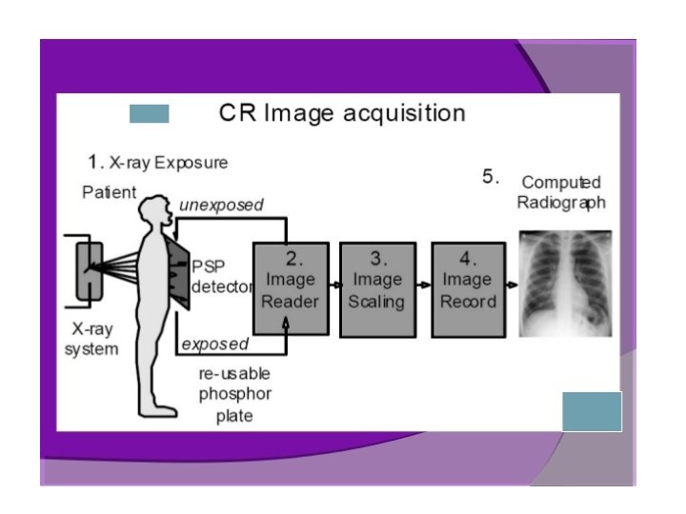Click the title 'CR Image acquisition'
click(x=342, y=114)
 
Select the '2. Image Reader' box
click(x=291, y=289)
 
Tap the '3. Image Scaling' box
click(x=377, y=289)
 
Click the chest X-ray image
click(x=564, y=284)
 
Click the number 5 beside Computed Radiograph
click(x=491, y=177)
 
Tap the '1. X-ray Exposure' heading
click(x=158, y=162)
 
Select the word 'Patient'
click(x=109, y=192)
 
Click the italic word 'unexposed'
click(x=221, y=205)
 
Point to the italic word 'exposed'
click(x=214, y=344)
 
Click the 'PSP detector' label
click(x=221, y=276)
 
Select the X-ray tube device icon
click(x=89, y=270)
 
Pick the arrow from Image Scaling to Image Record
click(x=423, y=284)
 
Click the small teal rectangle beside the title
click(x=149, y=114)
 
